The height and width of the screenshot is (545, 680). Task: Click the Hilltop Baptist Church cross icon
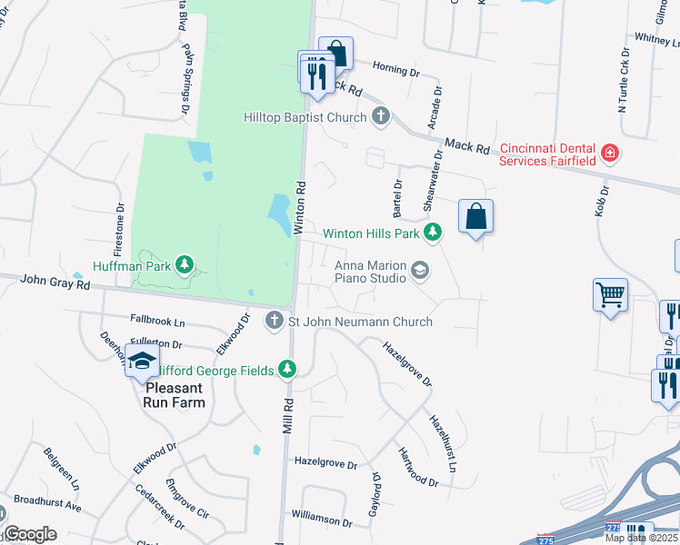coord(381,116)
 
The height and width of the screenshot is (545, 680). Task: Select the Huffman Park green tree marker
coord(185,265)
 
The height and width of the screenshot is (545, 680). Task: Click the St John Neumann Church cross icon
coord(275,321)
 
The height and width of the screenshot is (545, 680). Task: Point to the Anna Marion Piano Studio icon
coord(420,270)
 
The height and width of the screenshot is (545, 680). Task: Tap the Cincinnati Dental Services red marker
coord(610,153)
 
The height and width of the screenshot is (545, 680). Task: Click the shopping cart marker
coord(611,294)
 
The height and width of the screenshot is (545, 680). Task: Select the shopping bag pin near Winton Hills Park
coord(475,216)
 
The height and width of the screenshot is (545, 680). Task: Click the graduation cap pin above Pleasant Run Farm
coord(142,361)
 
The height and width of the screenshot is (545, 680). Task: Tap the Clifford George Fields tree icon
coord(287,369)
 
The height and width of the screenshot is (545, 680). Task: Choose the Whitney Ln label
coord(652,39)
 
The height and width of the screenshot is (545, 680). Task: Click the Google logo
coord(30,534)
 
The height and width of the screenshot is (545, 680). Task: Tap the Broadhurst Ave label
coord(48,502)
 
